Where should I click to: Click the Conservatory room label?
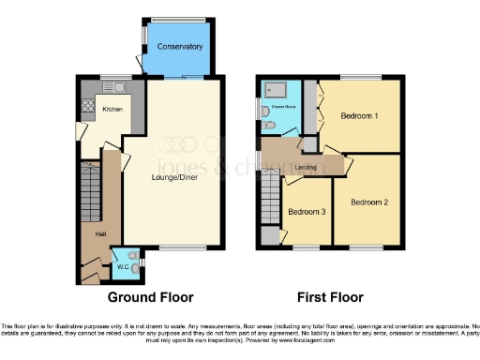(x=179, y=46)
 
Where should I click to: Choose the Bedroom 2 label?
(x=369, y=202)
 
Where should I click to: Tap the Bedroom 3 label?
(x=307, y=212)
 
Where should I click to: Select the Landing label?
(x=306, y=168)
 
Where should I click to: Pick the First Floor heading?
(x=330, y=298)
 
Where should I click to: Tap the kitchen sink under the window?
(x=118, y=89)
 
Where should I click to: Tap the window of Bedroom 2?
(x=367, y=248)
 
